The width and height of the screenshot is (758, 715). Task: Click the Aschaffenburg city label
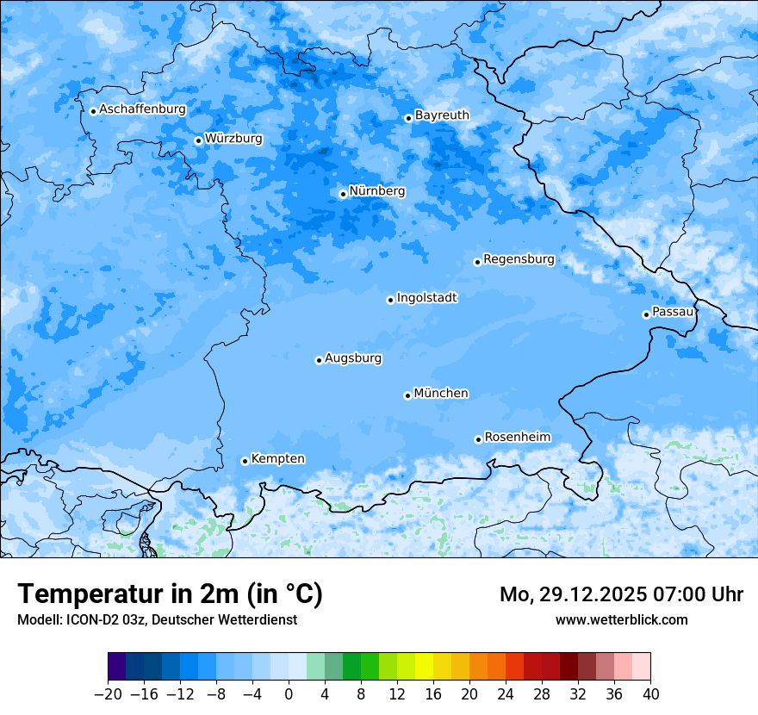[142, 109]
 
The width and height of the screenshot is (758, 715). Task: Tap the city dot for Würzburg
[198, 140]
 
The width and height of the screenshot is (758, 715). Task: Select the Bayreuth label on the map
[442, 115]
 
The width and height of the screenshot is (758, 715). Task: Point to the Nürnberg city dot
[343, 194]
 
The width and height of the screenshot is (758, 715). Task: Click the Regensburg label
[519, 258]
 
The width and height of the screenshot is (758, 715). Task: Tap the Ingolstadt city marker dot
[390, 300]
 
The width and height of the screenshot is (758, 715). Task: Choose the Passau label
[673, 311]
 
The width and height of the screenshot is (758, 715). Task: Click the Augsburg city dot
[319, 360]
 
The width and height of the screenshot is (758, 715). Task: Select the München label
[441, 393]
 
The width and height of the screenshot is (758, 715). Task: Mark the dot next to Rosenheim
[478, 439]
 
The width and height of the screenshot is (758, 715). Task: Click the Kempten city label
[277, 458]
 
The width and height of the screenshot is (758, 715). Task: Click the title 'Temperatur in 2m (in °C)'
[170, 594]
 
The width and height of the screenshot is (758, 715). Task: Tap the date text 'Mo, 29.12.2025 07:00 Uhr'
[621, 594]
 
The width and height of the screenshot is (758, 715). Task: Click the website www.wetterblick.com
[621, 619]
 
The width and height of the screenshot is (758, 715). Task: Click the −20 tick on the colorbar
[109, 694]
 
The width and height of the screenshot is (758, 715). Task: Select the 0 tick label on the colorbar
[289, 694]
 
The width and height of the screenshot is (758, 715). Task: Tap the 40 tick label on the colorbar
[650, 694]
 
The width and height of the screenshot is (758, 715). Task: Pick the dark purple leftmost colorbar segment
[117, 667]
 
